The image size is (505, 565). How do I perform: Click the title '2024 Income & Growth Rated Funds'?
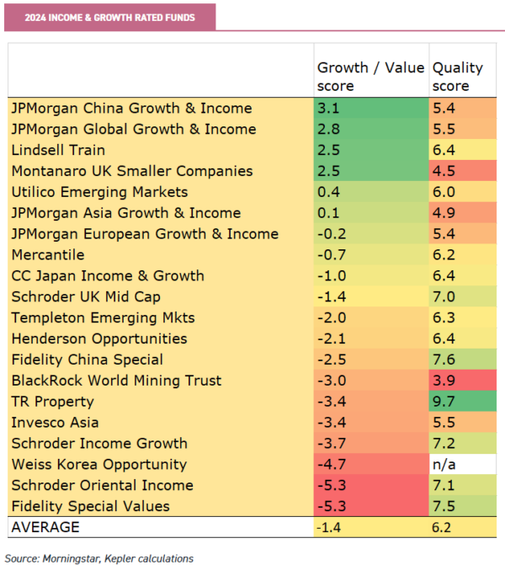coord(109,17)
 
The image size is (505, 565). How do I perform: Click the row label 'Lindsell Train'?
coord(58,151)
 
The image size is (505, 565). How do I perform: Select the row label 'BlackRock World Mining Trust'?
coord(117,381)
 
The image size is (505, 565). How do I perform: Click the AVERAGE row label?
coord(45,527)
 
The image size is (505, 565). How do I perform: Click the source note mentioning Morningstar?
coord(99,557)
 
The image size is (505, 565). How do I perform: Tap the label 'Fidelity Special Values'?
coord(91,506)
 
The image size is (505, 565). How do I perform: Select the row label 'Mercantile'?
coord(49,255)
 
